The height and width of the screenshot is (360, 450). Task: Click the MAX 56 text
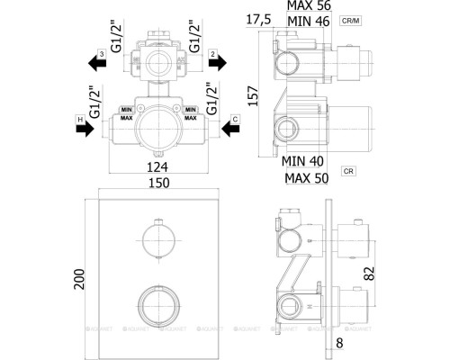[x=308, y=6]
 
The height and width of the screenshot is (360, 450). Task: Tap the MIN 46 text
[x=308, y=19]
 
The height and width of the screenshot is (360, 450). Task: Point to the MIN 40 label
[x=301, y=160]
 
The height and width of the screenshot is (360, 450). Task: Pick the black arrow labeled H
[x=84, y=129]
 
